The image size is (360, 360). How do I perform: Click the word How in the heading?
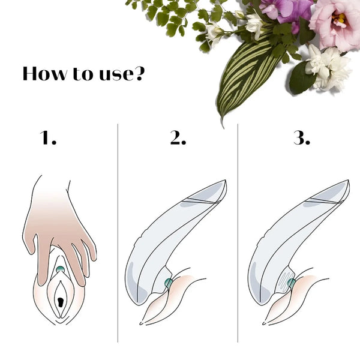click(44, 74)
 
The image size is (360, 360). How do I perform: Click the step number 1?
click(49, 139)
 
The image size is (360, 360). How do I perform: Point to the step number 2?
click(178, 139)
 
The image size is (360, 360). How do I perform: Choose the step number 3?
click(301, 139)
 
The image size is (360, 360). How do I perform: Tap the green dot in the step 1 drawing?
click(60, 270)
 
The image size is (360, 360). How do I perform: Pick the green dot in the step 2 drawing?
click(169, 283)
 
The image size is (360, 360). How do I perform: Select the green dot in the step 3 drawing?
click(292, 283)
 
